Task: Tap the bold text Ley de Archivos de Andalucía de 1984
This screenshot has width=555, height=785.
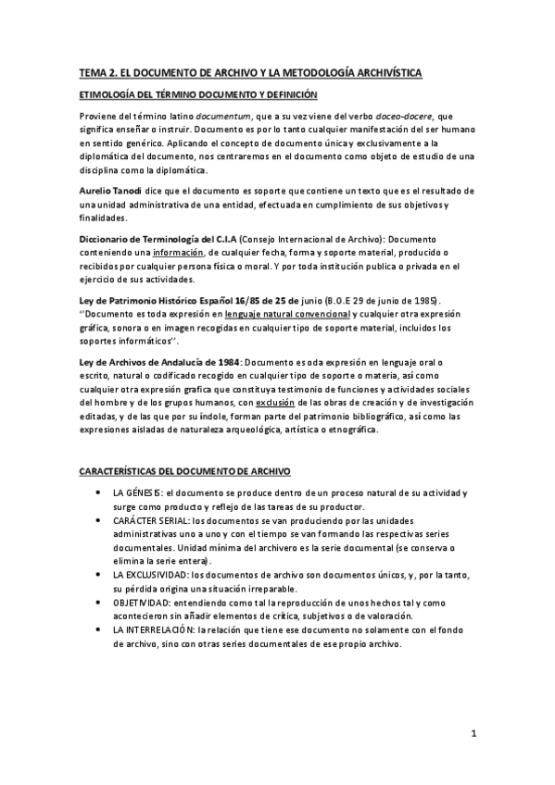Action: point(152,363)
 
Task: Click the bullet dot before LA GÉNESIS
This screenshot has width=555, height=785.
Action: point(98,493)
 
